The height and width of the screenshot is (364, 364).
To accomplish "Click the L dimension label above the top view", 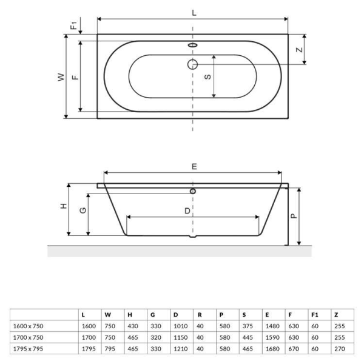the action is coord(194,13).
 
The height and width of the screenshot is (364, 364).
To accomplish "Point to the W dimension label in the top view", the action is coord(61,77).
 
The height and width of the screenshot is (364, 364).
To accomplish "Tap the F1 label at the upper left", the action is coord(73,25).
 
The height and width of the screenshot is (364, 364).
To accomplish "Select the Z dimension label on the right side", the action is coord(300,50).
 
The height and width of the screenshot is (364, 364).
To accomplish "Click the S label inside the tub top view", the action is coord(207,76).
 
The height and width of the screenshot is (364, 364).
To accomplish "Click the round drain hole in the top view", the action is coord(193,64).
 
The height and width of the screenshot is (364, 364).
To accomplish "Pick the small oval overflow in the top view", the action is coord(193,45).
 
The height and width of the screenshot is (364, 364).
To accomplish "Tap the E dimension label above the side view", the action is coord(194,166).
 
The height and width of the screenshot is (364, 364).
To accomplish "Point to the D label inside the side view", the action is coord(187,211).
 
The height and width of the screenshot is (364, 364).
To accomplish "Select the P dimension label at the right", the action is coord(294,216).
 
